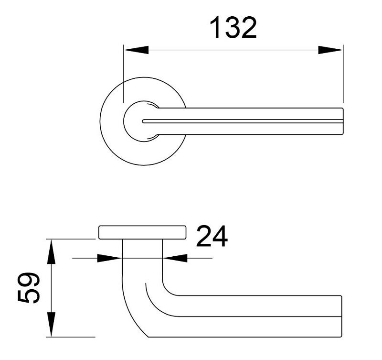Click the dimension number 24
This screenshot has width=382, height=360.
[212, 237]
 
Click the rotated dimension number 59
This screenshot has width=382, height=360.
[28, 288]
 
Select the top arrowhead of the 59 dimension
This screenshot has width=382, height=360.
[52, 251]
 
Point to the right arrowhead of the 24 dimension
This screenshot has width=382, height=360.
[174, 258]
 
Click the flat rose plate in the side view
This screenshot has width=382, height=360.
[142, 232]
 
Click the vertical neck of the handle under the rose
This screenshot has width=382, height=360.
[142, 261]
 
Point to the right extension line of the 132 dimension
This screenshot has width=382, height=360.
[343, 76]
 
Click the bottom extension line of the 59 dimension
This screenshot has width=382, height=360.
[72, 337]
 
